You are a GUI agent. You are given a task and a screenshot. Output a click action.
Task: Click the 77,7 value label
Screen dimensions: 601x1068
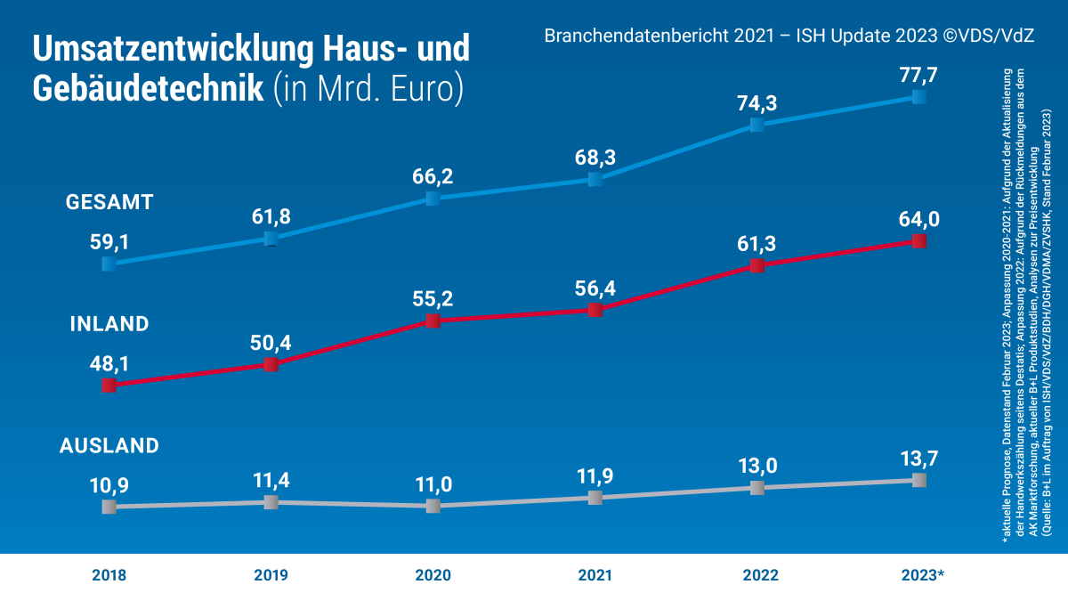(919, 75)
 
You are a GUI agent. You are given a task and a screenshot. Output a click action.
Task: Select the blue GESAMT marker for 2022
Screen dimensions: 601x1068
(756, 125)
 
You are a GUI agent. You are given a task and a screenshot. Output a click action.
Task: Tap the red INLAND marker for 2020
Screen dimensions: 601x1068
(433, 321)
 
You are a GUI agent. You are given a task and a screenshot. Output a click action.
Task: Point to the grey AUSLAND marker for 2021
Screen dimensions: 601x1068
(595, 498)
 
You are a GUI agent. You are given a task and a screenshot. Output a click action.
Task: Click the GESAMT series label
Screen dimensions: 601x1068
(109, 202)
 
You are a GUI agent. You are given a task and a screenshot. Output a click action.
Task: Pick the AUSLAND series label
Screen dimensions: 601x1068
(109, 446)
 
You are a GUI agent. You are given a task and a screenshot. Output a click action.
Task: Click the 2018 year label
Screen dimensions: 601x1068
(109, 575)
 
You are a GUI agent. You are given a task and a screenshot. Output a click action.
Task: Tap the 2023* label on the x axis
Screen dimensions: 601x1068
(922, 575)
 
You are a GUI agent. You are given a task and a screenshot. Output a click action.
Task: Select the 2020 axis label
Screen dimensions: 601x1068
(433, 575)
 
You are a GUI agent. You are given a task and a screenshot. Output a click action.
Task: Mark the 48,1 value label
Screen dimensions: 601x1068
(109, 362)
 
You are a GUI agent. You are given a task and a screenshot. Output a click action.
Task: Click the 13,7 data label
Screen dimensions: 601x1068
(919, 459)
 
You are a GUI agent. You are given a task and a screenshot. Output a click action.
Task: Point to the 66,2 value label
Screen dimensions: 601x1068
(433, 176)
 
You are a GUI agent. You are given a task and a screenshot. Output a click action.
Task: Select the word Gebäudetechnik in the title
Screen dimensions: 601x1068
(148, 88)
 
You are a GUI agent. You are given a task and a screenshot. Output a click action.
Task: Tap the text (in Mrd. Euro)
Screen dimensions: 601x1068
(368, 89)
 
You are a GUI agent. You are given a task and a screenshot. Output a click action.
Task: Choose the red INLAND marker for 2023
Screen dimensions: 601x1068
(919, 241)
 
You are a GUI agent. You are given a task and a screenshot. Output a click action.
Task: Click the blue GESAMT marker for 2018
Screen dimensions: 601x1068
(109, 264)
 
